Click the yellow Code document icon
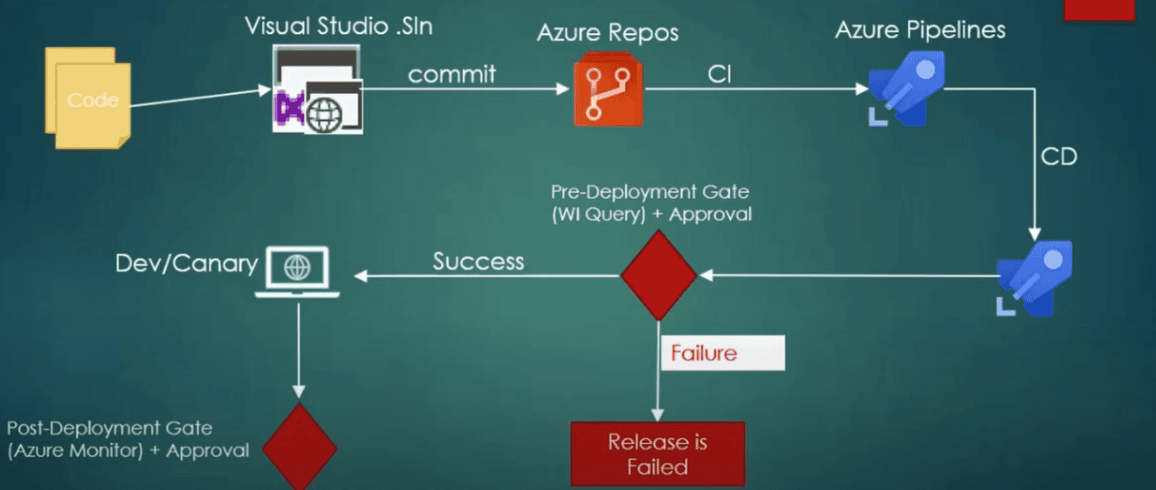click(x=89, y=100)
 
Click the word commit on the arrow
click(x=452, y=74)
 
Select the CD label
click(x=1059, y=157)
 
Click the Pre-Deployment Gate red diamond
click(x=659, y=275)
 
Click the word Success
click(x=478, y=262)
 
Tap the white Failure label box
click(x=722, y=353)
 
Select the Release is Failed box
click(x=657, y=454)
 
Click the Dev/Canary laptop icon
click(x=298, y=271)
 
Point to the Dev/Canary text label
click(x=186, y=264)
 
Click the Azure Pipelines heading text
click(x=920, y=30)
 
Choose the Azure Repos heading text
click(x=607, y=34)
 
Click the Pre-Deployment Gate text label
click(x=650, y=204)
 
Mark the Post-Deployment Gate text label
click(x=127, y=439)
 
